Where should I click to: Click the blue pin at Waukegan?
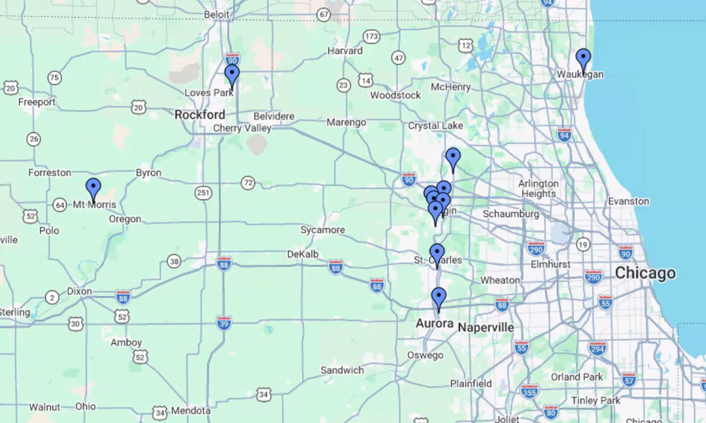tap(583, 59)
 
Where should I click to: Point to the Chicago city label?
tap(645, 273)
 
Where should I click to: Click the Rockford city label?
tap(200, 115)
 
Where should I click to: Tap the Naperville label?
tap(485, 327)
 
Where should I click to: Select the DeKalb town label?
tap(303, 254)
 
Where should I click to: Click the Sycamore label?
tap(322, 230)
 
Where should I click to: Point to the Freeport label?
tap(37, 102)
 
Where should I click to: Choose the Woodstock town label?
tap(395, 95)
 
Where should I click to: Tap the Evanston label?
tap(628, 201)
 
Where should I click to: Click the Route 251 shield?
tap(203, 193)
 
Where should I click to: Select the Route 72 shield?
tap(248, 182)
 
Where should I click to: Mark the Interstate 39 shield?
tap(224, 322)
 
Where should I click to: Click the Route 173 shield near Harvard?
tap(371, 37)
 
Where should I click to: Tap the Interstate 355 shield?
tap(529, 391)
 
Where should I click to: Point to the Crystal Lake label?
tap(435, 126)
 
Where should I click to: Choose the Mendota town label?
tap(190, 411)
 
